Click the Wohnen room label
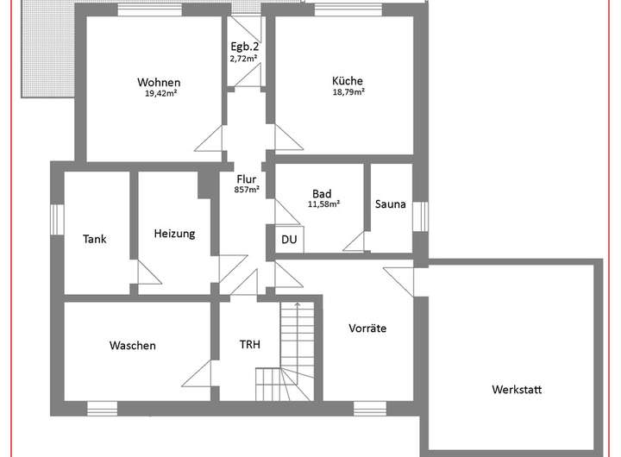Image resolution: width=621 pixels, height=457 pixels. (x=159, y=82)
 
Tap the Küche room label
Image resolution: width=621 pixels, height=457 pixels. (x=348, y=81)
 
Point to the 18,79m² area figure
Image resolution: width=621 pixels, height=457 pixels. (x=348, y=91)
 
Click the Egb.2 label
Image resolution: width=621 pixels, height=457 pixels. (x=244, y=47)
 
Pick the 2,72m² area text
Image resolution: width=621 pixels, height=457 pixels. (x=244, y=59)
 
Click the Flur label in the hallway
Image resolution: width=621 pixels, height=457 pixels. (x=247, y=178)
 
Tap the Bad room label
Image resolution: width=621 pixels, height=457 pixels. (x=323, y=194)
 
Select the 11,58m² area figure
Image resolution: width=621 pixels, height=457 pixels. (x=323, y=204)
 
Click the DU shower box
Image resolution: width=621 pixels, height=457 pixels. (x=289, y=239)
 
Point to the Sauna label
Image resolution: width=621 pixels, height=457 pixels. (x=391, y=204)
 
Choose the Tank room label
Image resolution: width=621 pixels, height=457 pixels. (x=95, y=239)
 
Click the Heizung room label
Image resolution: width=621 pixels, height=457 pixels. (x=174, y=233)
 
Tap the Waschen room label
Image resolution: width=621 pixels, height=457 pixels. (x=133, y=346)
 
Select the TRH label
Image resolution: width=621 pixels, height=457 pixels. (x=250, y=345)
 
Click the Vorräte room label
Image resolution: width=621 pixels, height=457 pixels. (x=367, y=329)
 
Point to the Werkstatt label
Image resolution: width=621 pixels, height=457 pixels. (x=517, y=389)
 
